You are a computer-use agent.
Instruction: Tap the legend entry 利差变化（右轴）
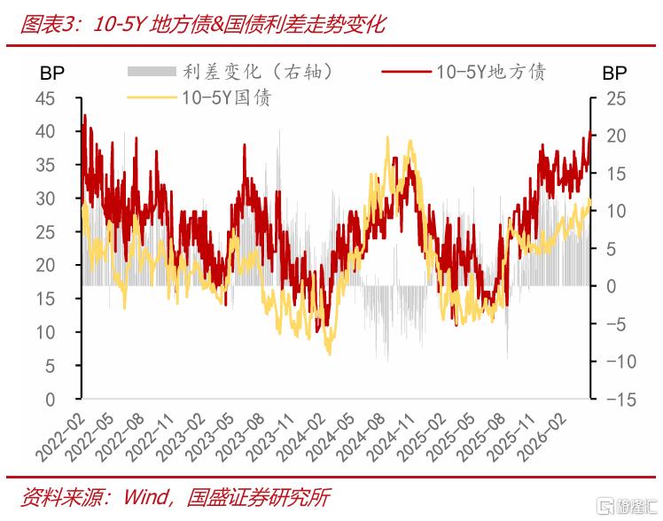[230, 72]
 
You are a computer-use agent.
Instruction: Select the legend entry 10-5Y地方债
[464, 72]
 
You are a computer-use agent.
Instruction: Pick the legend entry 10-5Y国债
[199, 97]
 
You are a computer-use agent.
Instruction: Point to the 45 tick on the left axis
[45, 98]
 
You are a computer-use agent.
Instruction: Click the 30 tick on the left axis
[45, 198]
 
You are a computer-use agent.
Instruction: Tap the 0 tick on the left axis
[51, 399]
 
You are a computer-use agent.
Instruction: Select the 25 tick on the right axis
[616, 98]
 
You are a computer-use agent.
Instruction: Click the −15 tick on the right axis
[621, 399]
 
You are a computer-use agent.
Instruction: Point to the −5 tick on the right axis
[616, 324]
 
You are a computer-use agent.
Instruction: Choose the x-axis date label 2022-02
[60, 437]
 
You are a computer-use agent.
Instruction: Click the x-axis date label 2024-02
[301, 437]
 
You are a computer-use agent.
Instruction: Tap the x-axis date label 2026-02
[542, 437]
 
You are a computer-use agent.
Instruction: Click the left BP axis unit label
[52, 74]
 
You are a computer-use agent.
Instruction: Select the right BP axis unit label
[614, 74]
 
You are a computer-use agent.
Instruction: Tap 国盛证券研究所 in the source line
[258, 497]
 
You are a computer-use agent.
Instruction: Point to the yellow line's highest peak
[387, 137]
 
